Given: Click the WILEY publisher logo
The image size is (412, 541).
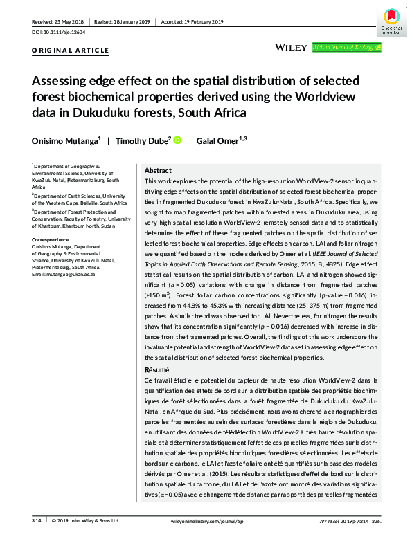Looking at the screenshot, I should pos(291,47).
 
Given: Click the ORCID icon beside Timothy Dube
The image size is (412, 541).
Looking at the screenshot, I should pos(177,140).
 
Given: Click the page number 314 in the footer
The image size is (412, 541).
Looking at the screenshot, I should pos(37,520).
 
